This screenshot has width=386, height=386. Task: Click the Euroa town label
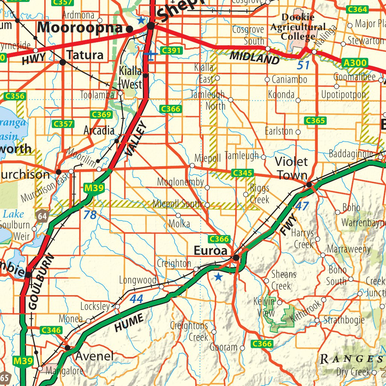tap(210, 251)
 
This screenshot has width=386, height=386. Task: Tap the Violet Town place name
tap(291, 168)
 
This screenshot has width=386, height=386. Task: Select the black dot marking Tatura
tap(63, 62)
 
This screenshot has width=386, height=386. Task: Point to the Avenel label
tap(94, 356)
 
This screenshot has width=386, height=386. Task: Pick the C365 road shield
tap(315, 121)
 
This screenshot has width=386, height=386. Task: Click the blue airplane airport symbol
tap(151, 56)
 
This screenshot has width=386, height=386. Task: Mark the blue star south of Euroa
tap(218, 278)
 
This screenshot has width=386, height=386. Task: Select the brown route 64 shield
tap(42, 216)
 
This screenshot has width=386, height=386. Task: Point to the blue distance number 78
tap(90, 215)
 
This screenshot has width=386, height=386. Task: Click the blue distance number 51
tap(303, 65)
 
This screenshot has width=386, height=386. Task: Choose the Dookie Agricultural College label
tap(298, 27)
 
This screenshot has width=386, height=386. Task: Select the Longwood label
tap(138, 280)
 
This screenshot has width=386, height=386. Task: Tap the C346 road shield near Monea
tap(51, 331)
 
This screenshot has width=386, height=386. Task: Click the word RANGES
tap(351, 359)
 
